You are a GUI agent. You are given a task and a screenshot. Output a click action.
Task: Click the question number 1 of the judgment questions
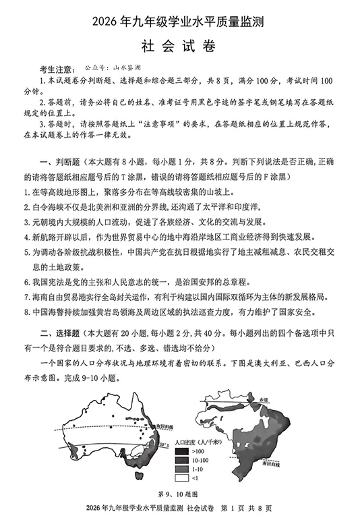tap(26, 192)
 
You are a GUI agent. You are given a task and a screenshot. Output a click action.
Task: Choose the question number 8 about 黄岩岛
tap(26, 312)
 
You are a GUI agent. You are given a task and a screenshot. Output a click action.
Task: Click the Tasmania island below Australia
tap(139, 478)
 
